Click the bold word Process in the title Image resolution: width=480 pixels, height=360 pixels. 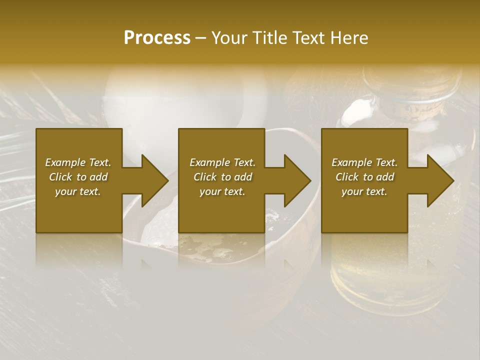157,37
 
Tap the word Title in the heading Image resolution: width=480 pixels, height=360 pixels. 268,37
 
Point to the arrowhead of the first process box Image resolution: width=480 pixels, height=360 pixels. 155,180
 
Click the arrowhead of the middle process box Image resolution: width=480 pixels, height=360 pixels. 297,180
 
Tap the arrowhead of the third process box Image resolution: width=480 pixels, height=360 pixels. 440,180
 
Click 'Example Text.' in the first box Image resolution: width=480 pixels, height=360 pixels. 78,162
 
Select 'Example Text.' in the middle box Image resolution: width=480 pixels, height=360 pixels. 222,162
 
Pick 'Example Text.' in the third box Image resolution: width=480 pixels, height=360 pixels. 364,162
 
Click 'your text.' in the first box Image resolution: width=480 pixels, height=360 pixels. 78,191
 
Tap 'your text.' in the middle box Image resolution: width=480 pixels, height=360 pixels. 222,191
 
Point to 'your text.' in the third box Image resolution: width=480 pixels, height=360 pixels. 364,191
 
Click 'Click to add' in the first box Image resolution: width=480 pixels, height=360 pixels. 78,177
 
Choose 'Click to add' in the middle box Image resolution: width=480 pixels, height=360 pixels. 222,177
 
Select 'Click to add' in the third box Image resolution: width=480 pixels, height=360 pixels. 364,177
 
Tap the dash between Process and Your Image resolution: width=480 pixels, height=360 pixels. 201,38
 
